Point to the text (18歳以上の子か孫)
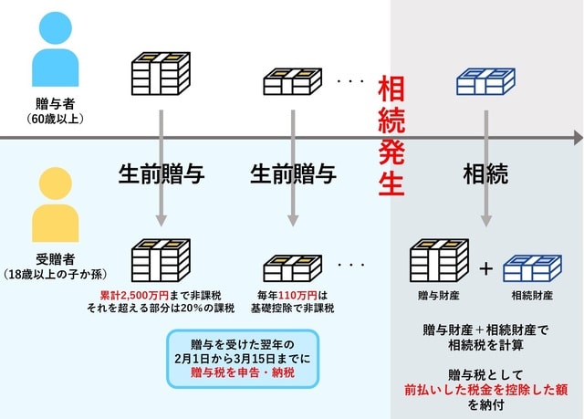coord(56,274)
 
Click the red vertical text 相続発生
coord(391,137)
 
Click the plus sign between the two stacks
coord(485,269)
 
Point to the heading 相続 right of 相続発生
coord(485,173)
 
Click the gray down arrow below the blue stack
coord(485,169)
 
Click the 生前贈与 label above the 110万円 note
coord(293,173)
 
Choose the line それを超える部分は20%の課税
coord(162,309)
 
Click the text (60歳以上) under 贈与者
coord(56,119)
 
